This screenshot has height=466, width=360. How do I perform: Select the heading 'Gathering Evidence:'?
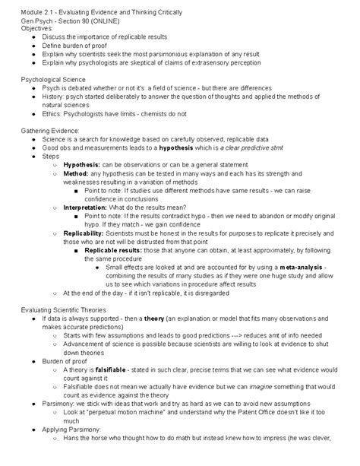49,130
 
